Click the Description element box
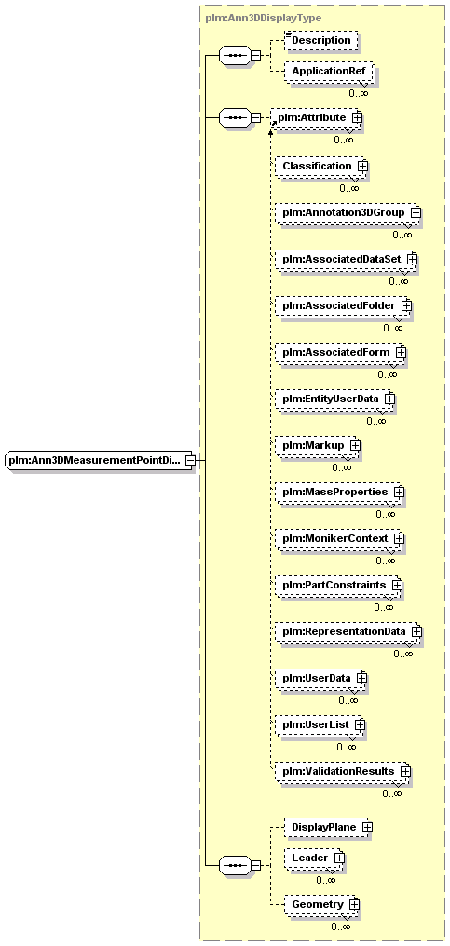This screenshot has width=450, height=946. pos(320,40)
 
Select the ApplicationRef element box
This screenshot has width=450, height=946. pos(329,72)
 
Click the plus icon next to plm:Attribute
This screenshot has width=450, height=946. pos(357,117)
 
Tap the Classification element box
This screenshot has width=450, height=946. pos(320,166)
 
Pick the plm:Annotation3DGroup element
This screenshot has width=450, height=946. pos(348,213)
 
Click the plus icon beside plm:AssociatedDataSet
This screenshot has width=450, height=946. pos(413,259)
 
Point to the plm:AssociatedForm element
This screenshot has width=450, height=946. pos(340,352)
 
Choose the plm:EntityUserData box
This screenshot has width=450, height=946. pos(334,399)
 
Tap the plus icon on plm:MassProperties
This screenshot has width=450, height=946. pos(400,492)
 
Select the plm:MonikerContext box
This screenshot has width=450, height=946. pos(339,538)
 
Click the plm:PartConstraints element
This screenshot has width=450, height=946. pos(338,586)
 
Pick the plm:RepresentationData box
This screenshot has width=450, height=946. pos(348,631)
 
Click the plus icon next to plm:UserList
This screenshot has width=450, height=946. pos(360,724)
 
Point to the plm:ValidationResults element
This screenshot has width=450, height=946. pos(343,772)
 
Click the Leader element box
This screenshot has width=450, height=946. pos(315,858)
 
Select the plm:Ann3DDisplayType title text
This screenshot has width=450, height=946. pos(263,18)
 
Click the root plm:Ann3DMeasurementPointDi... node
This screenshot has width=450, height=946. pos(99,460)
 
